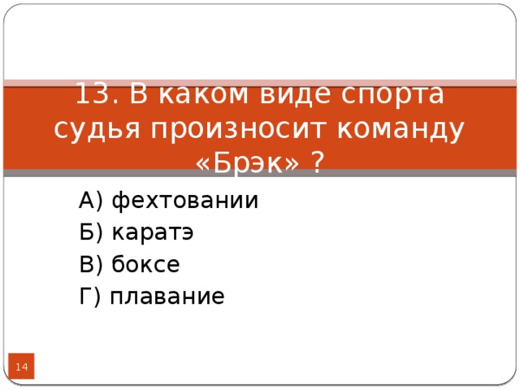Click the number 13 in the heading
tap(92, 95)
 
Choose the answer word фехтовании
tap(184, 200)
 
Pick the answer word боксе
tap(145, 265)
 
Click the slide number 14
tap(22, 369)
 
